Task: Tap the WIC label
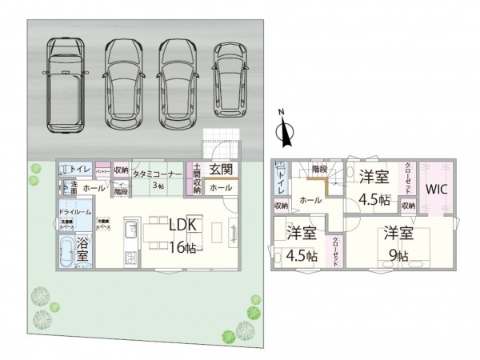[x=435, y=190]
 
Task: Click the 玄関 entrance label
[x=221, y=170]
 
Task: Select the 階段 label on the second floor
[x=319, y=170]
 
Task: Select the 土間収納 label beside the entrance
[x=196, y=178]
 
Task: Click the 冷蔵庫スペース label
[x=103, y=226]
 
